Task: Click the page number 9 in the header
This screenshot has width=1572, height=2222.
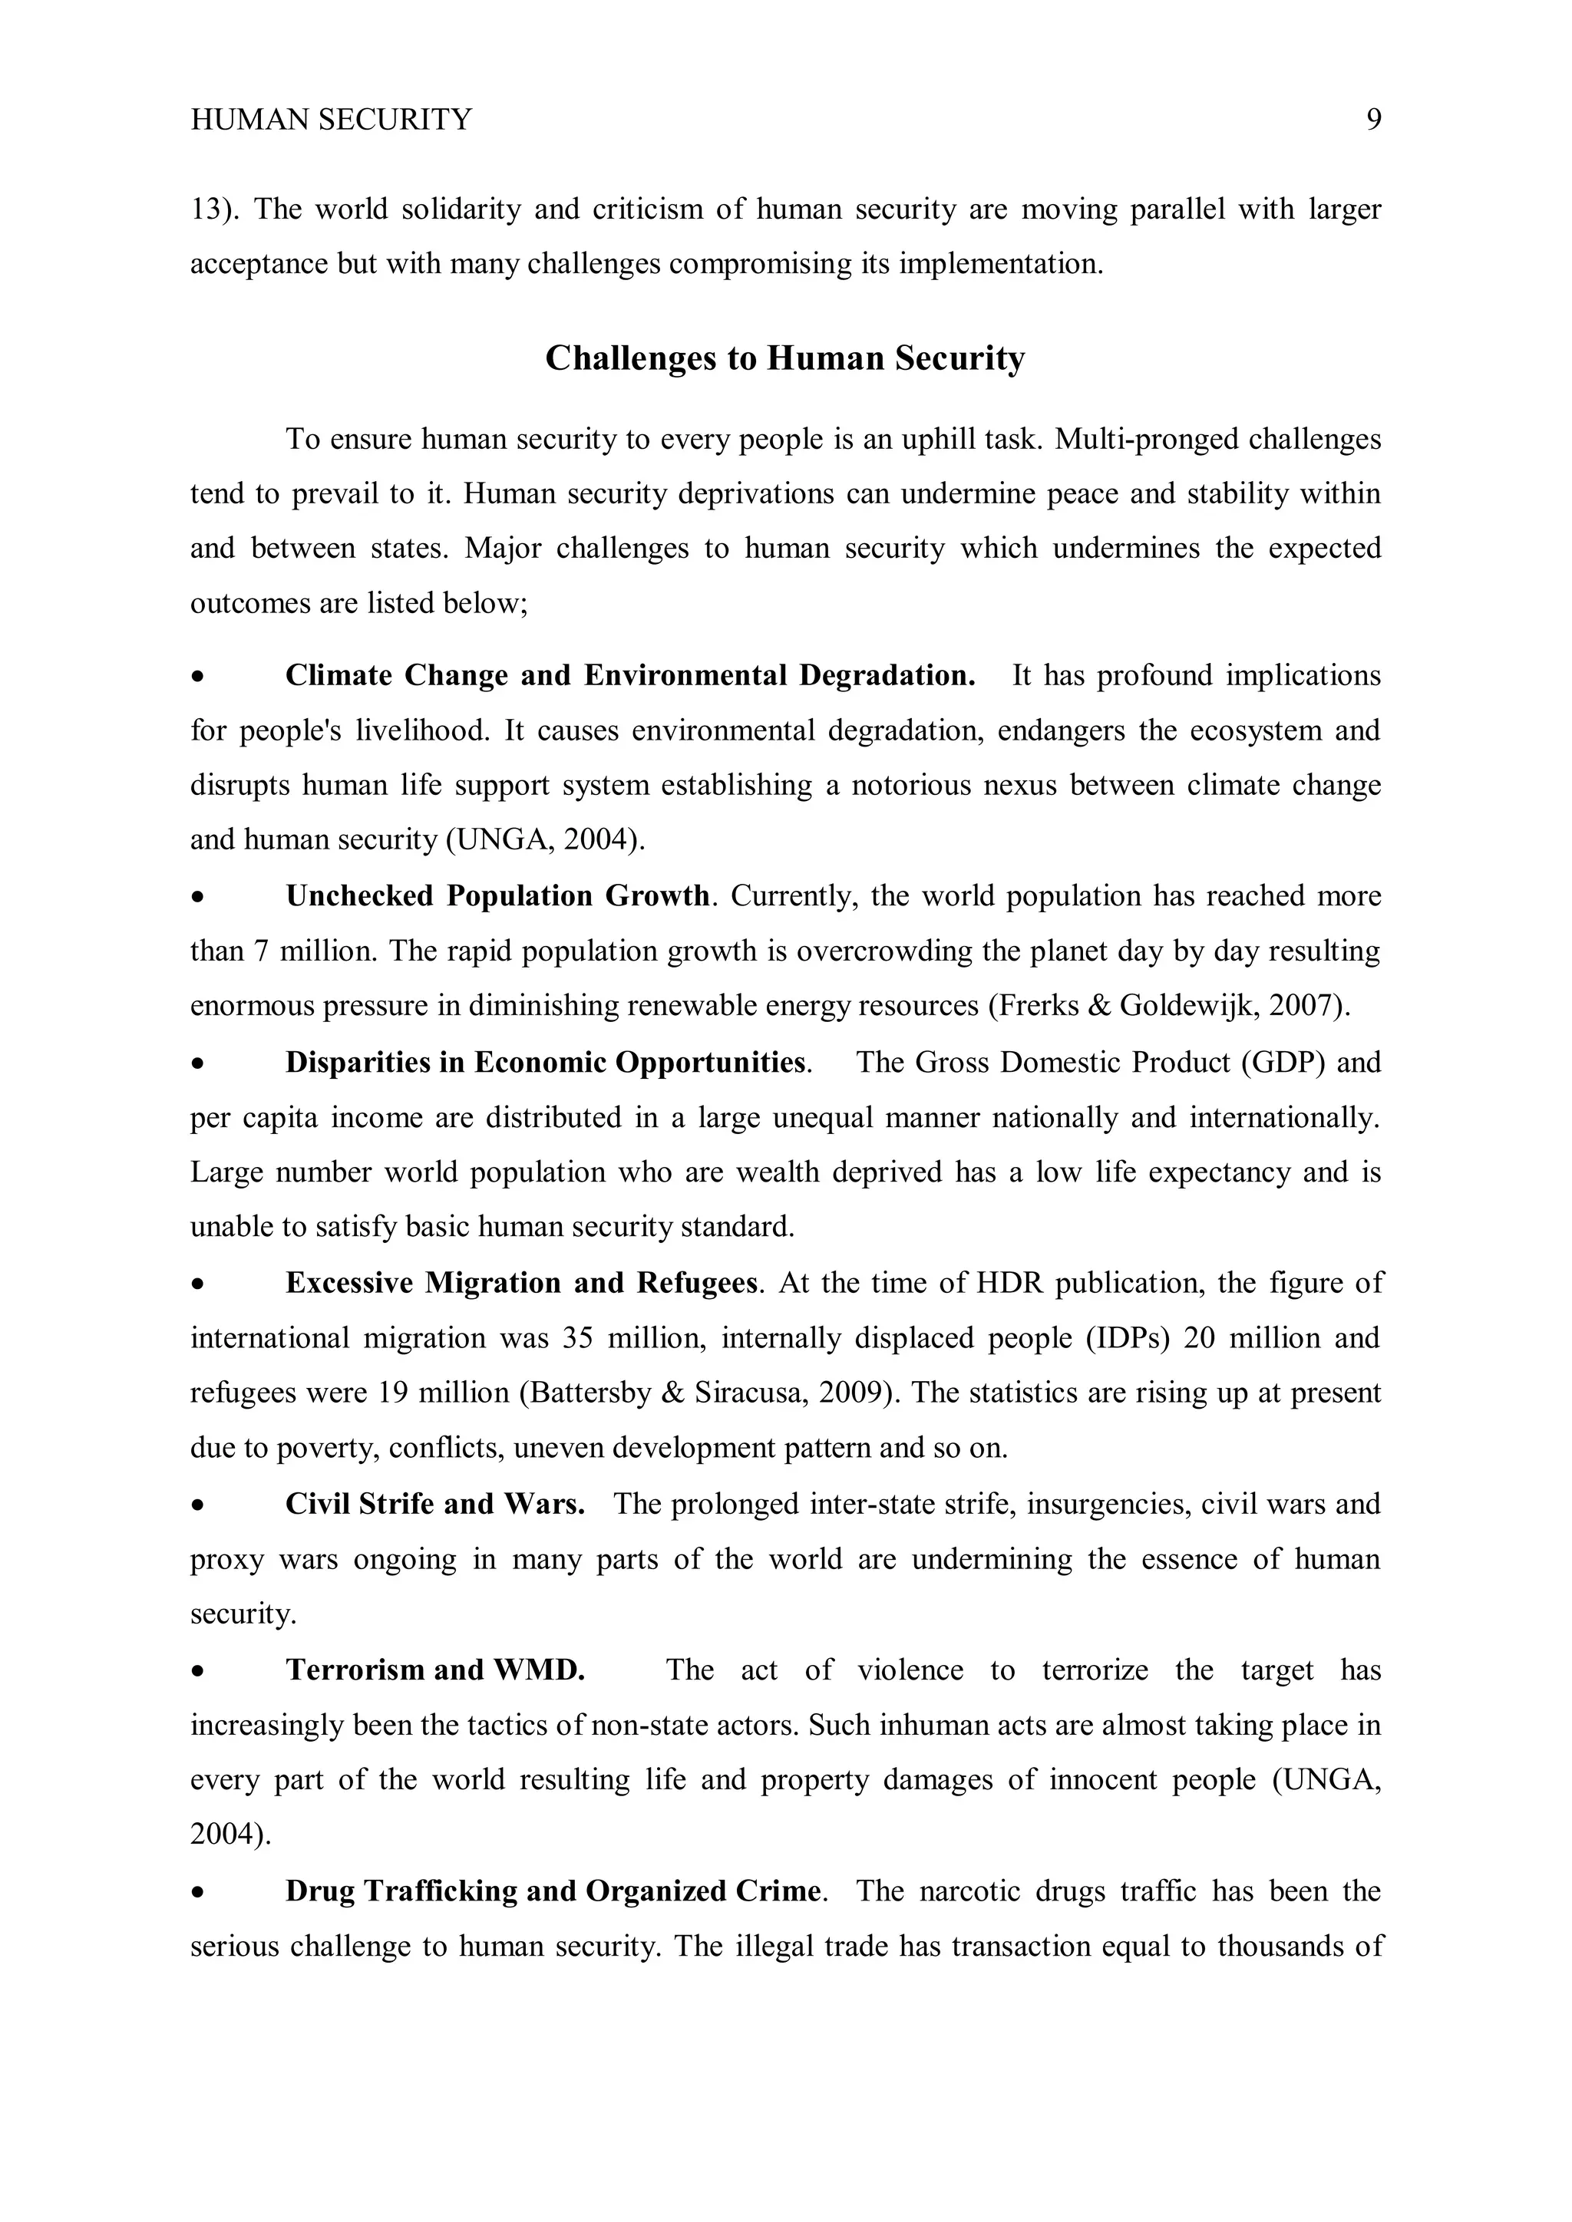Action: click(x=1373, y=120)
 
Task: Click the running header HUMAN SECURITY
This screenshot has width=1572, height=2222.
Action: click(x=331, y=120)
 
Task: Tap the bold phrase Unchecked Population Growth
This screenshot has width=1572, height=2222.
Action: click(x=497, y=896)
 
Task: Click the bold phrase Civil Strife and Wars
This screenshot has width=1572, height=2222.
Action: click(x=434, y=1504)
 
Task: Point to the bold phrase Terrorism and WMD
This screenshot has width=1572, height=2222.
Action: click(x=434, y=1670)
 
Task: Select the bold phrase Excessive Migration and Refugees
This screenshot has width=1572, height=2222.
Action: click(x=520, y=1284)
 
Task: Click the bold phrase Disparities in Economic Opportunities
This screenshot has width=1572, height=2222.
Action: click(x=546, y=1063)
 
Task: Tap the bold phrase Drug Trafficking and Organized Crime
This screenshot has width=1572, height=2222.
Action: click(x=553, y=1891)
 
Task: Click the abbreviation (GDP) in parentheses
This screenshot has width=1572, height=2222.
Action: click(x=1283, y=1063)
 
